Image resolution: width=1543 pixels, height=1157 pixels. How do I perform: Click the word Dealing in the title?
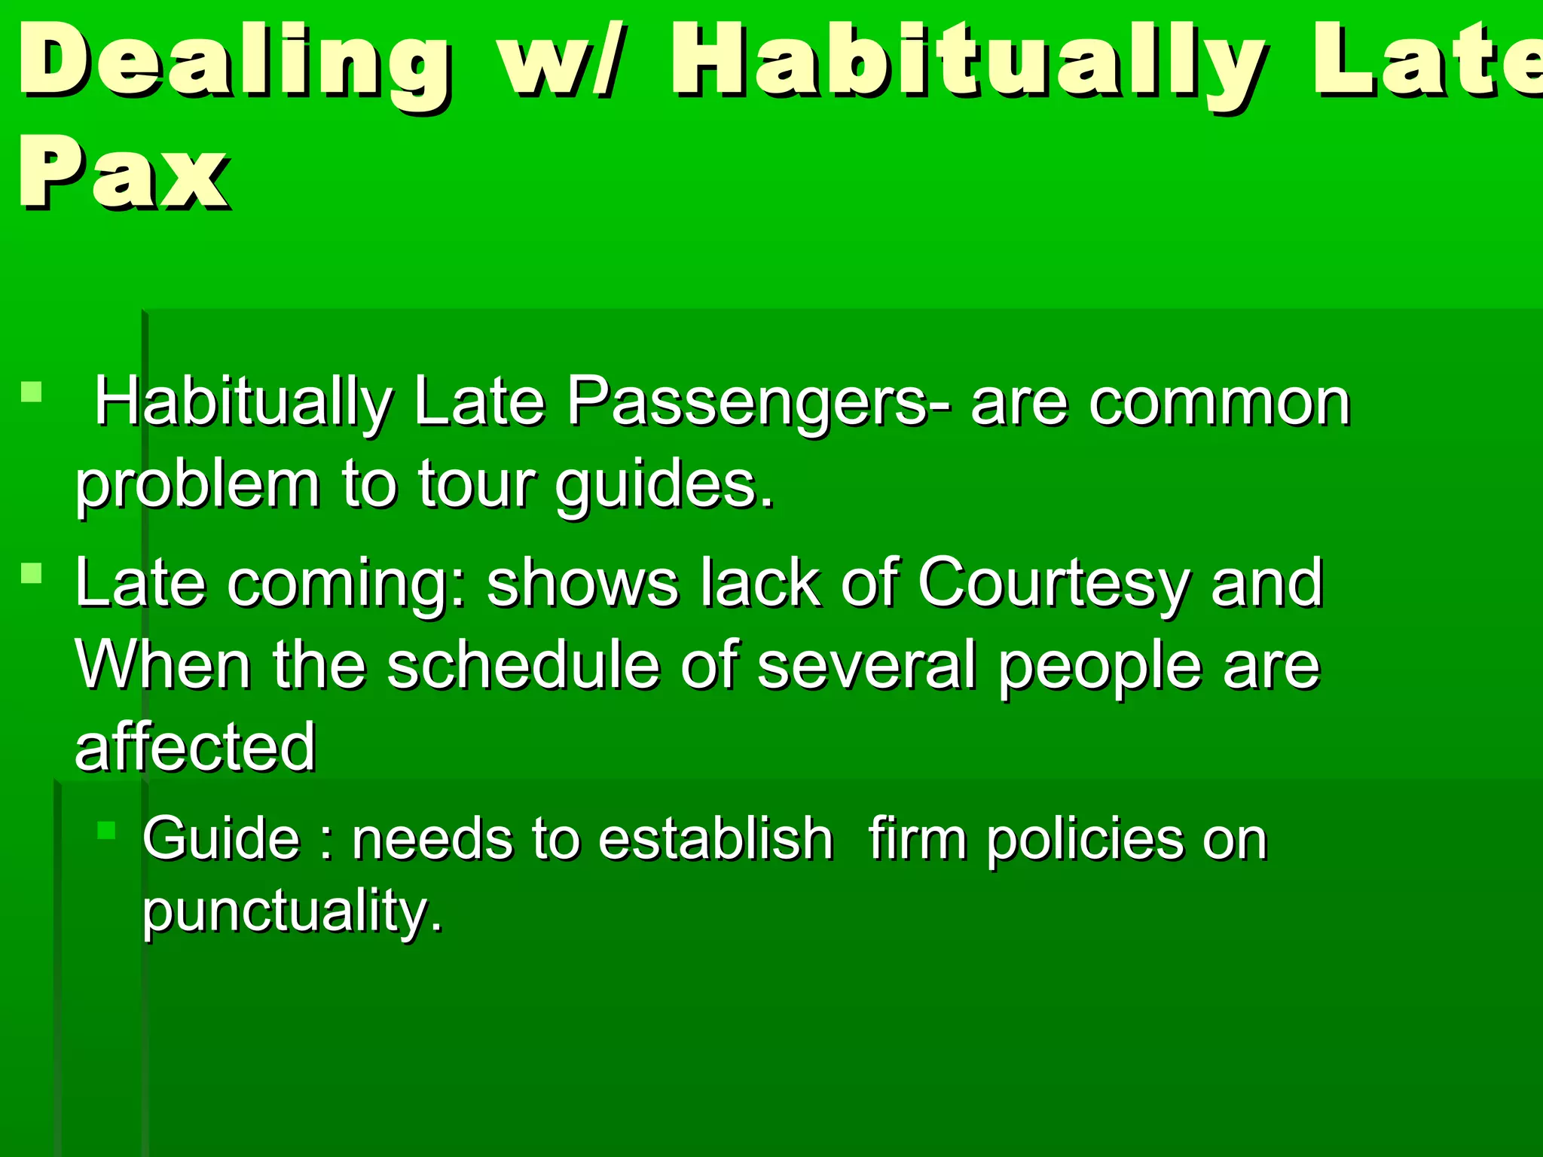[x=234, y=64]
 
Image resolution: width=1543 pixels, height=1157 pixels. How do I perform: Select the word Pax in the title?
[x=124, y=173]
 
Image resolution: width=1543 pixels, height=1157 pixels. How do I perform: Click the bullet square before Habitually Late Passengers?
[x=32, y=392]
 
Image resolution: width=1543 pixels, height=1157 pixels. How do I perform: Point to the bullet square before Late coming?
[x=32, y=574]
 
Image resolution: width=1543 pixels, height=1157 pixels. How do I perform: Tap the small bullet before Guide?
[x=106, y=831]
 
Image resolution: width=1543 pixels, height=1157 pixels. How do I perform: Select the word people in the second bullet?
[x=1100, y=667]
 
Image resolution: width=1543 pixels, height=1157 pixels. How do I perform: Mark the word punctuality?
[x=292, y=911]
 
